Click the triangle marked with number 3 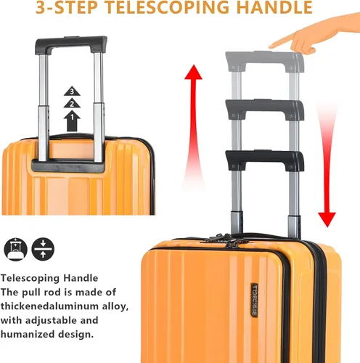pos(72,91)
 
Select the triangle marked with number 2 pos(72,103)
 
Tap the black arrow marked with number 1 pos(72,121)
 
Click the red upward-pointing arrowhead pos(193,72)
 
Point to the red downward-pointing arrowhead pos(327,219)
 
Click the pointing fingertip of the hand pos(271,46)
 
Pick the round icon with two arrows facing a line pos(43,249)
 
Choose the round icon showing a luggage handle pos(15,249)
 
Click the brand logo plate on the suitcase pos(255,300)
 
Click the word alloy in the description pos(115,306)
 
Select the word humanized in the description pos(28,335)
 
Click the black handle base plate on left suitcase pos(68,166)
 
